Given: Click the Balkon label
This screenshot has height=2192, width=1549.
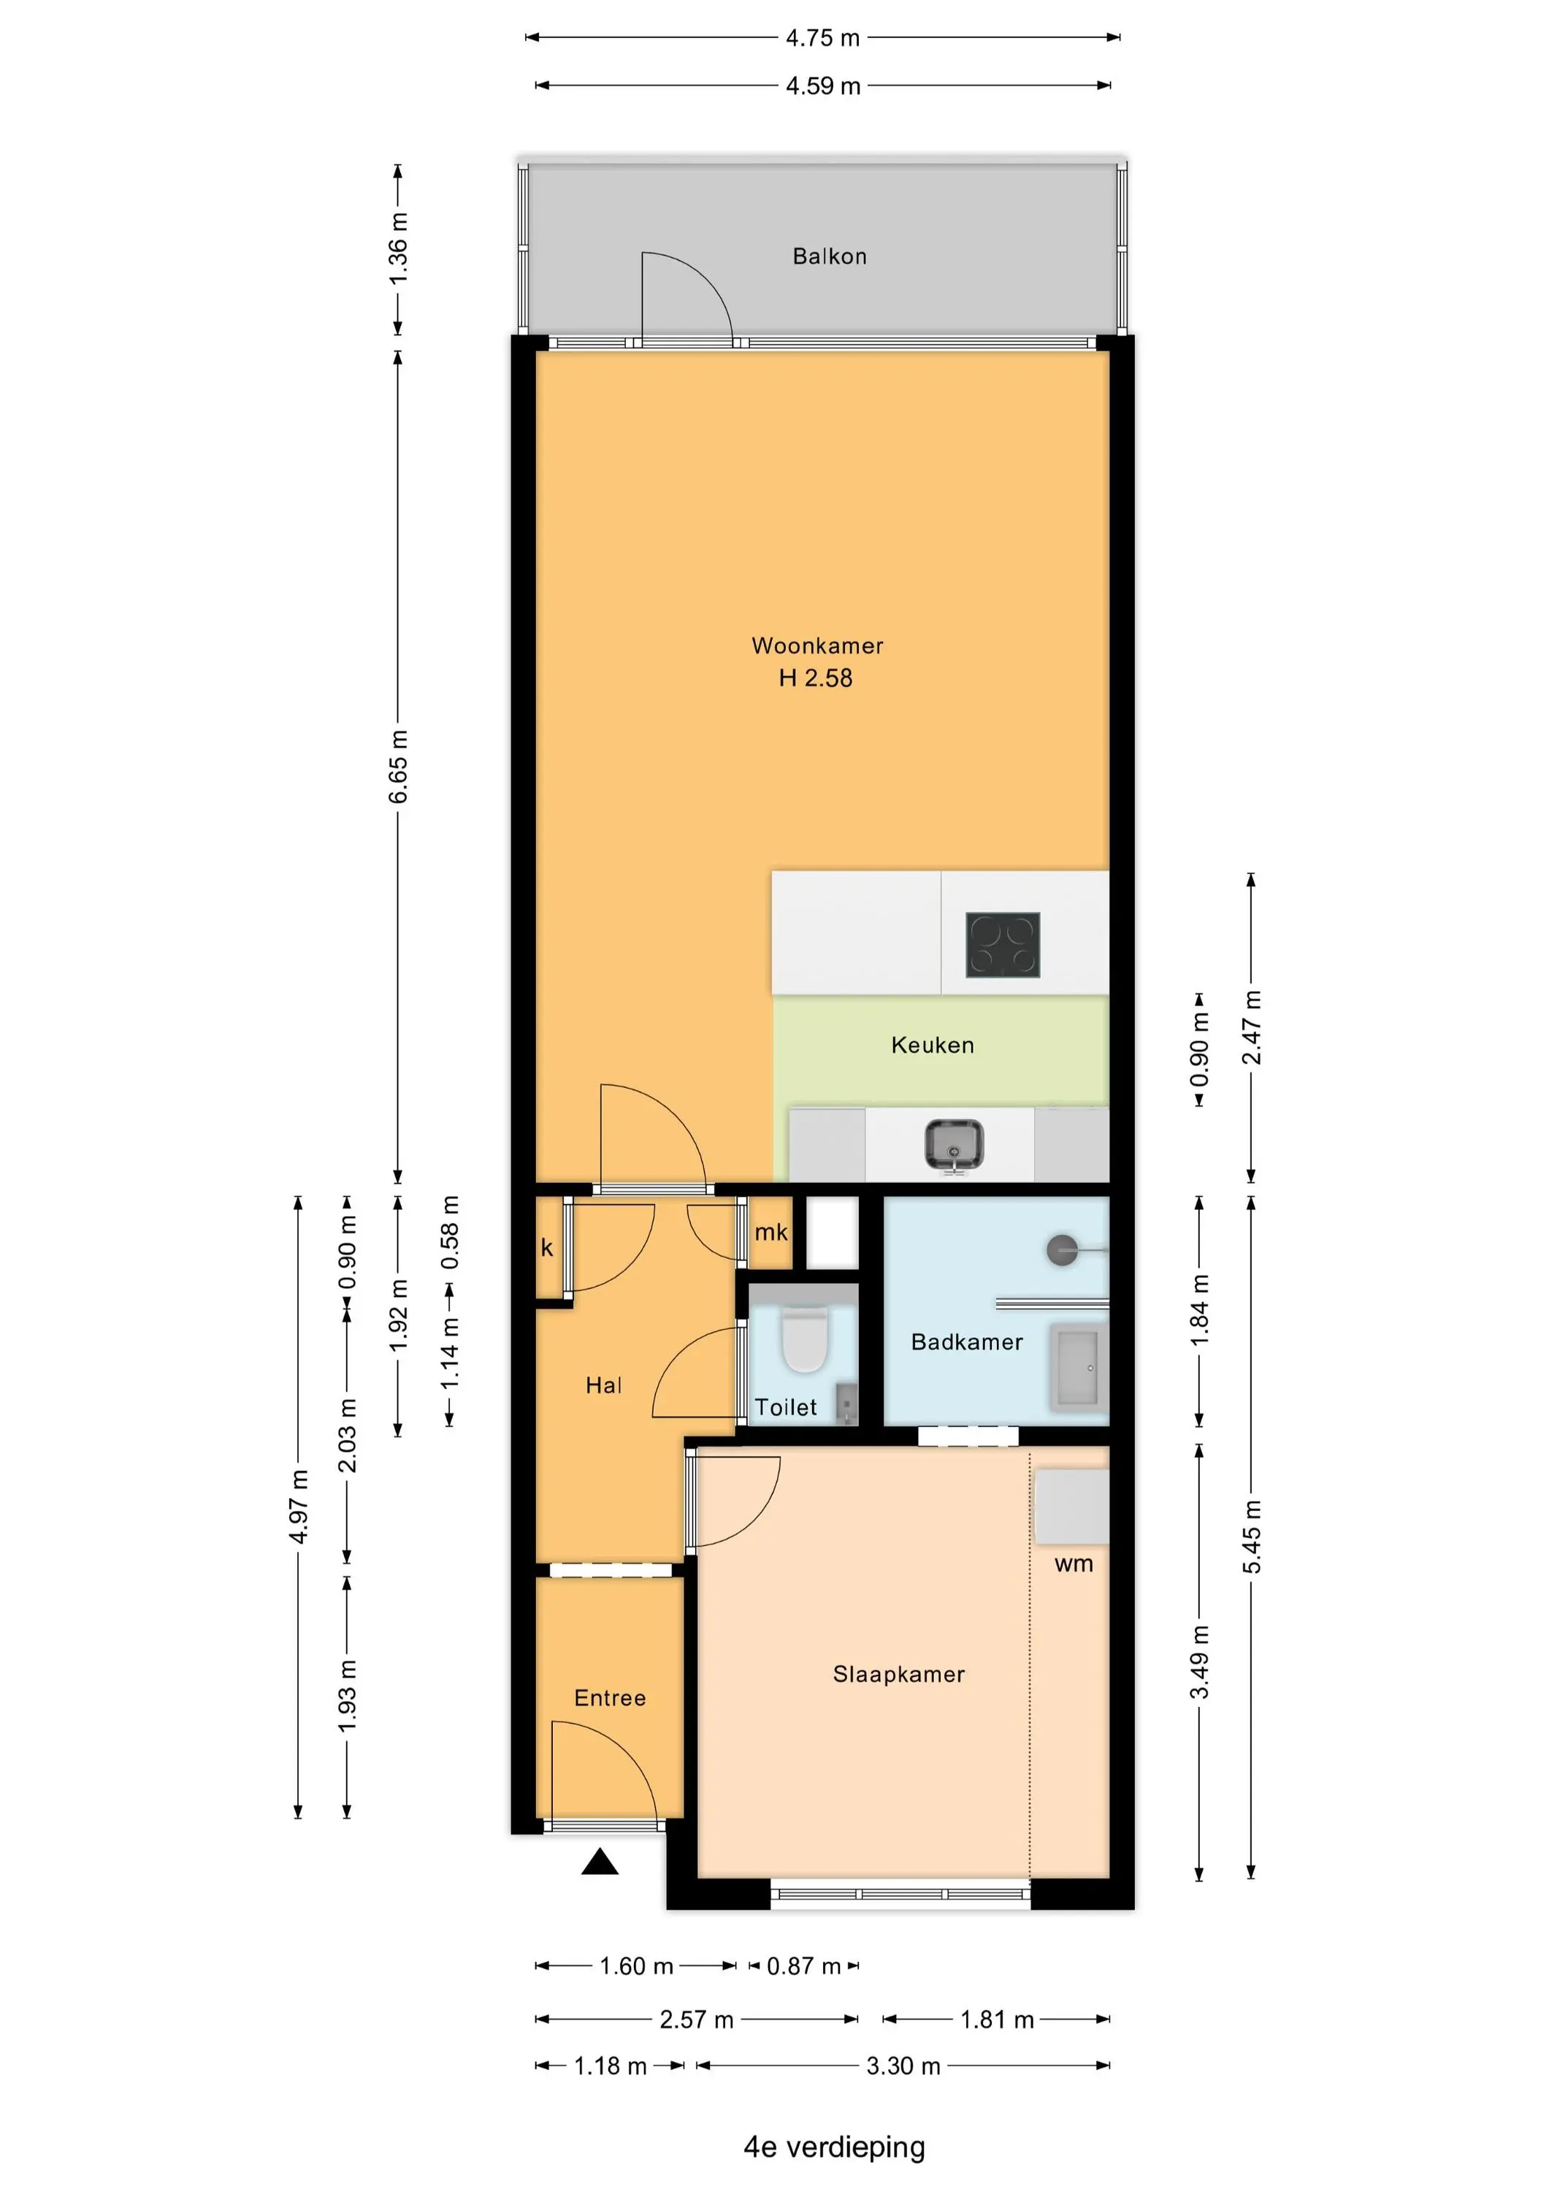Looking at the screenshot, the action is tap(830, 256).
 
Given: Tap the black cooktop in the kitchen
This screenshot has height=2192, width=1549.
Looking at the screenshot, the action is tap(1002, 945).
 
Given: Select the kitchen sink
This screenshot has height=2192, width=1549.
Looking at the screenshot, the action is tap(954, 1145).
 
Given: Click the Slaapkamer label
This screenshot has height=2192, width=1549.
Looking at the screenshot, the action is tap(899, 1674).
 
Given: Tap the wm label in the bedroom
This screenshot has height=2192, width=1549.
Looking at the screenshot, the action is tap(1074, 1564).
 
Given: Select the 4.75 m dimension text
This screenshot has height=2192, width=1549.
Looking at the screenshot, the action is tap(822, 38).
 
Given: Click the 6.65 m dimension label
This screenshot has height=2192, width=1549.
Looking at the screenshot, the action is tap(398, 766).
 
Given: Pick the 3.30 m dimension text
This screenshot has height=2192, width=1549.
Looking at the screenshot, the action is tap(903, 2066).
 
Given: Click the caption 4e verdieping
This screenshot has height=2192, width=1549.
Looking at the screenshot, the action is tap(834, 2147).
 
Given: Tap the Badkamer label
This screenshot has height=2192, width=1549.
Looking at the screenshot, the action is tap(967, 1342).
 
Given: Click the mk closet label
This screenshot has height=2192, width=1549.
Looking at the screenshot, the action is tap(771, 1233).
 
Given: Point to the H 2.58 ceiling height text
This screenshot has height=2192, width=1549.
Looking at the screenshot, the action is tap(816, 678).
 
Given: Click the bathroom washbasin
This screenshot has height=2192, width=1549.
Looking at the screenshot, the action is tap(1079, 1367).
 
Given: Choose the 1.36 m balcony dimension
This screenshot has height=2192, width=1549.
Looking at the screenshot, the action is tap(398, 248).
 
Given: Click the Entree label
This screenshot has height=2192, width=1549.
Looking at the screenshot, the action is tap(610, 1697).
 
